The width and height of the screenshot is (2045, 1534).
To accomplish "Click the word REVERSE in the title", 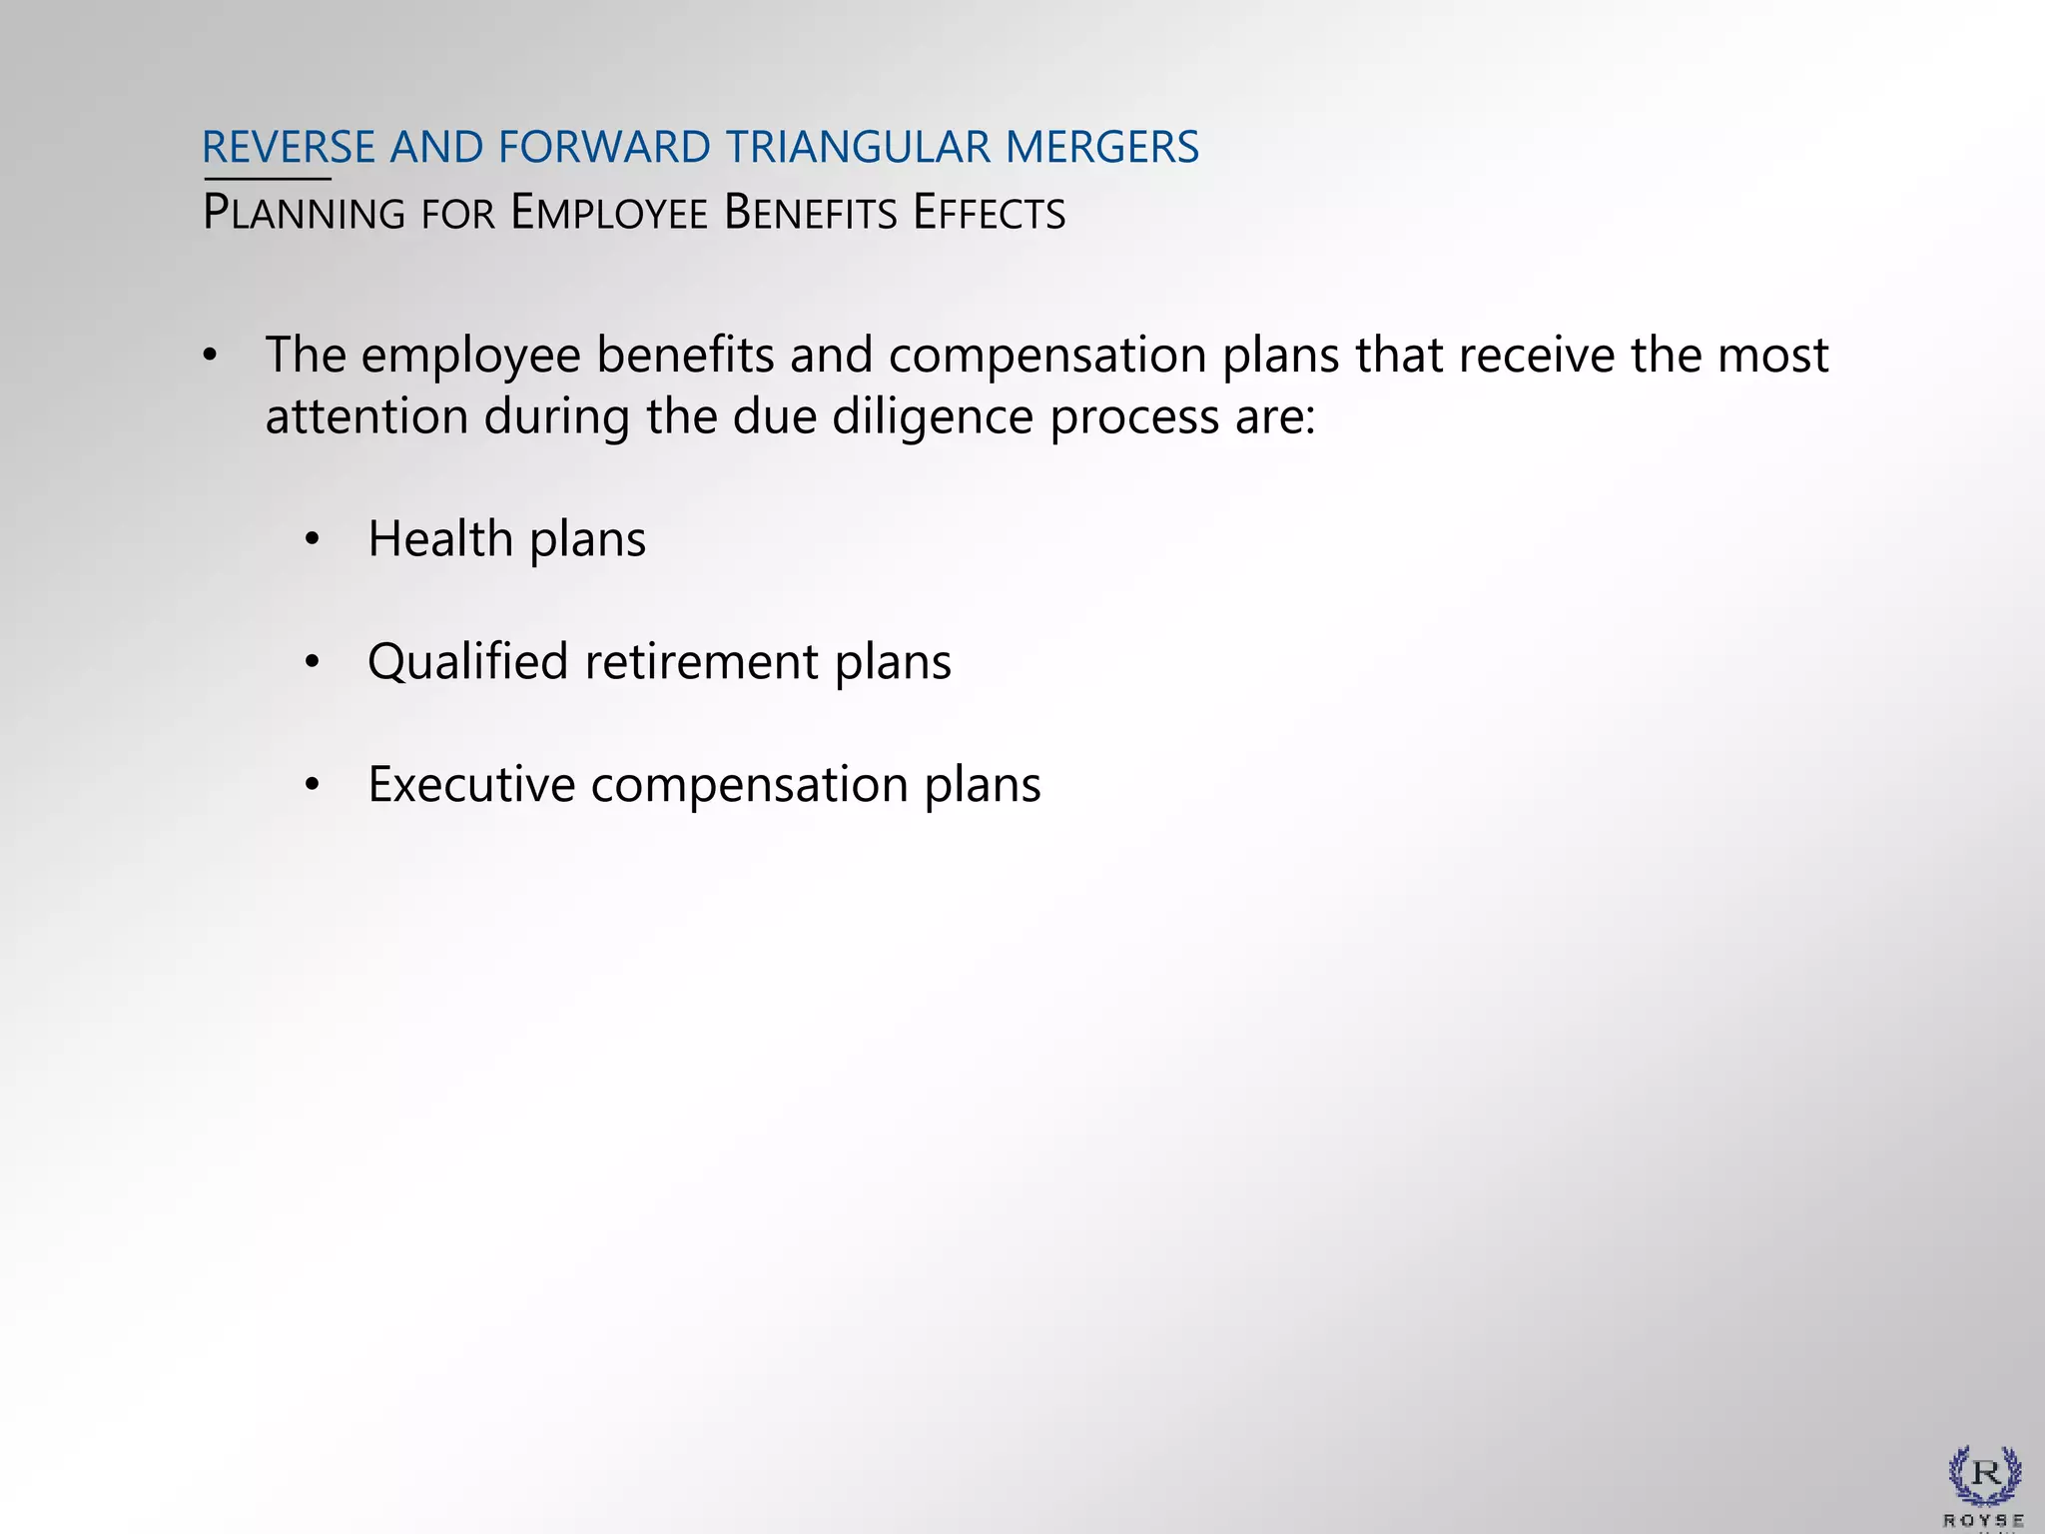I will point(288,148).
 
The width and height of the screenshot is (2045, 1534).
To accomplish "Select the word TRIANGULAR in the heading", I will point(858,148).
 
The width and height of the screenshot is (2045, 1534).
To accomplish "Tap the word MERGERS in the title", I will point(1101,148).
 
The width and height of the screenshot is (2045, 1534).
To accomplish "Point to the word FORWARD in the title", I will point(604,148).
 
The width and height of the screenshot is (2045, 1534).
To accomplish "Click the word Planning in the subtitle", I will point(304,214).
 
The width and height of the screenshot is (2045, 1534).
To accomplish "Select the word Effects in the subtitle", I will point(989,214).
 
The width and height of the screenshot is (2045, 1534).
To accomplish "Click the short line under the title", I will point(267,180).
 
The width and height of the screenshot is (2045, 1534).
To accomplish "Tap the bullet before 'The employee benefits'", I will point(209,356).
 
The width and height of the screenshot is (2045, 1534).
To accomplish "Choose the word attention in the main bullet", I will point(366,417).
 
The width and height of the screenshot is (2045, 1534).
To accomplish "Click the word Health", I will point(440,539).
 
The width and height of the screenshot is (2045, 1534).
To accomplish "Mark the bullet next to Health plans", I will point(313,540).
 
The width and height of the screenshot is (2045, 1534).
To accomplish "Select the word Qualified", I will point(467,662).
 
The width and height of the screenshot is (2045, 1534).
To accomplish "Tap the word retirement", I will point(701,662).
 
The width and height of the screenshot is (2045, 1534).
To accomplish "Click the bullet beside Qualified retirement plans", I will point(313,662).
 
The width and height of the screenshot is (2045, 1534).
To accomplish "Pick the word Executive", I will point(471,785).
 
